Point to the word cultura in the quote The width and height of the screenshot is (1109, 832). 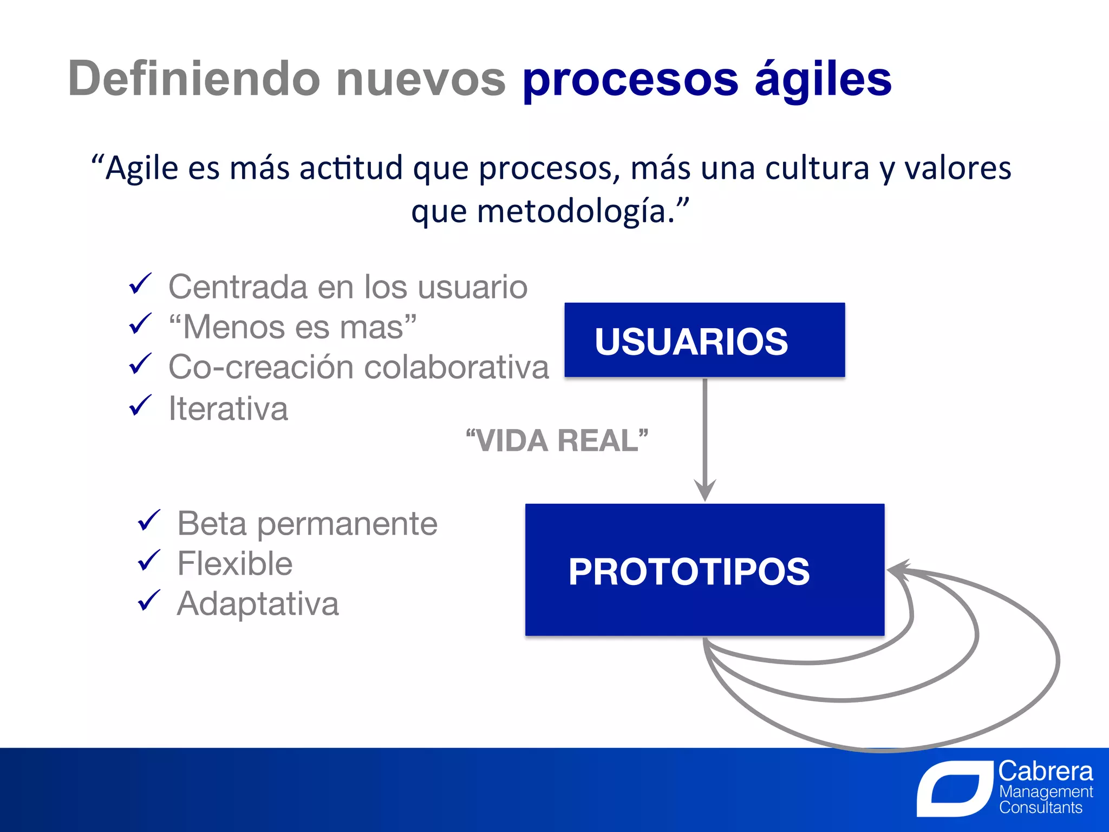pos(817,168)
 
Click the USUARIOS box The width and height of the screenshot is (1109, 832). pos(704,340)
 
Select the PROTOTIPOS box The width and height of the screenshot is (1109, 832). pos(704,570)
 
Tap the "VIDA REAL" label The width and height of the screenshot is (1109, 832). pos(557,440)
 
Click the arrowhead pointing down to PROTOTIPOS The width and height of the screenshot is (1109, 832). pos(704,490)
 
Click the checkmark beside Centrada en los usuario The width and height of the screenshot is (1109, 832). pos(140,284)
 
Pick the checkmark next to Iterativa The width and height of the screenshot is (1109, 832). pos(140,406)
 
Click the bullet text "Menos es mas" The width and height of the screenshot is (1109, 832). pos(292,327)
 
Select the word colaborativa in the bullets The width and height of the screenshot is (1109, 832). pos(456,367)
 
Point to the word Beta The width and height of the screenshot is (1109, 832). pos(212,523)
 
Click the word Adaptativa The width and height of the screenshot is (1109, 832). pos(258,603)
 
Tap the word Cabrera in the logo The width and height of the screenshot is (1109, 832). pos(1045,771)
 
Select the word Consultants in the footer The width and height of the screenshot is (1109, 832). pos(1040,808)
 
